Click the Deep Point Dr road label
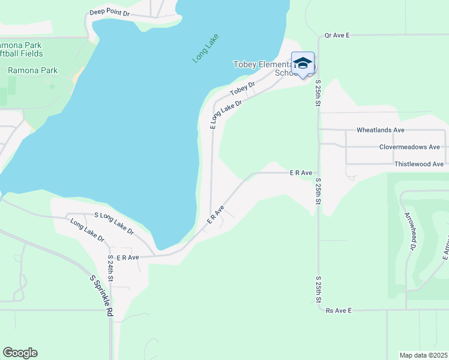tap(109, 12)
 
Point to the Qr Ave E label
tap(337, 35)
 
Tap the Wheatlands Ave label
tap(381, 130)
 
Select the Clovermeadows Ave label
tap(409, 147)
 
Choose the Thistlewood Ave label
tap(419, 164)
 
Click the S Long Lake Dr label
tap(114, 223)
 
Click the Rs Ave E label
tap(338, 311)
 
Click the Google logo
tap(20, 353)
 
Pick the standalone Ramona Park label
tap(32, 70)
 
